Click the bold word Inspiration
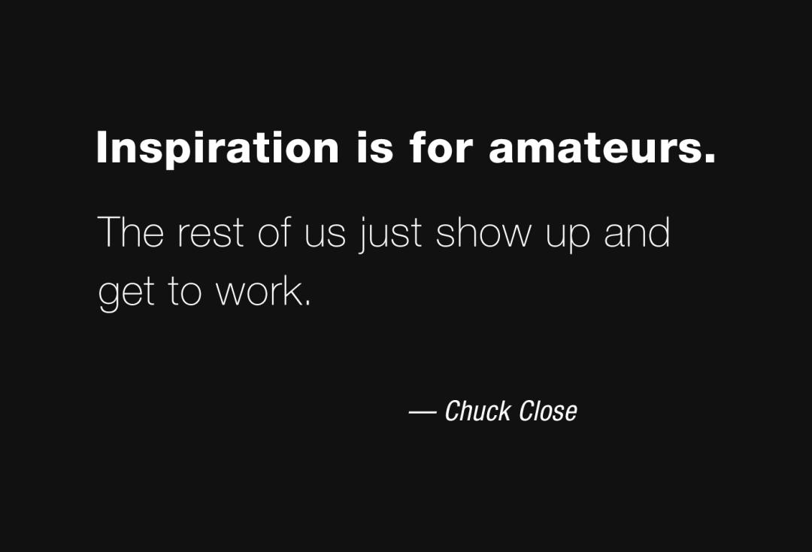click(x=217, y=149)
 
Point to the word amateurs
click(x=595, y=148)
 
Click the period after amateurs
click(x=710, y=159)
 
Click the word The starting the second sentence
click(x=131, y=232)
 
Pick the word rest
click(x=211, y=234)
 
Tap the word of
click(x=274, y=232)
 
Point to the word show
click(x=483, y=232)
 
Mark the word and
click(x=637, y=232)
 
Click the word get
click(x=126, y=294)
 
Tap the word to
click(x=184, y=292)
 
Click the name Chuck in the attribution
click(x=478, y=411)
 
